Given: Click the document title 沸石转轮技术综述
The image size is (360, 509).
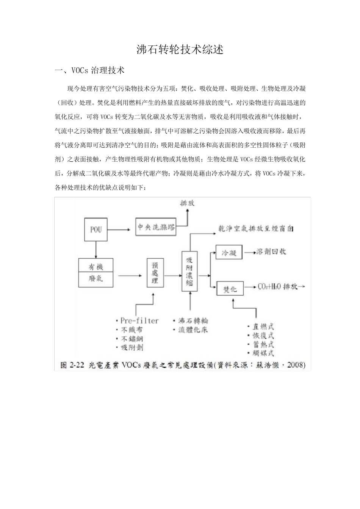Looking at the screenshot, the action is (180, 50).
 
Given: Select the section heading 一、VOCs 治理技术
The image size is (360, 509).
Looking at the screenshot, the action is (90, 70).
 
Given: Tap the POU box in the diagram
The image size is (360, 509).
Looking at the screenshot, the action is (95, 230).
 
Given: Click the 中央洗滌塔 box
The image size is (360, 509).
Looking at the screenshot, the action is (156, 227).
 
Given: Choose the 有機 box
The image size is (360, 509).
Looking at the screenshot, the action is (96, 266).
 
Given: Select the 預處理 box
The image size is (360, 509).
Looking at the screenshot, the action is (155, 273).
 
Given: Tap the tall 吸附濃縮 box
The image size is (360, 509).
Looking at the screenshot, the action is (189, 271).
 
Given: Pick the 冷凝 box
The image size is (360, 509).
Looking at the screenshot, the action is (229, 253).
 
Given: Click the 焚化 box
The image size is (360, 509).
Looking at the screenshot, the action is (230, 289).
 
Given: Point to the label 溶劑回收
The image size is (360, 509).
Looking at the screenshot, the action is (271, 252).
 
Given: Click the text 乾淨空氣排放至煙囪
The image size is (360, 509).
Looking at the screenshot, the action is (256, 229).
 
